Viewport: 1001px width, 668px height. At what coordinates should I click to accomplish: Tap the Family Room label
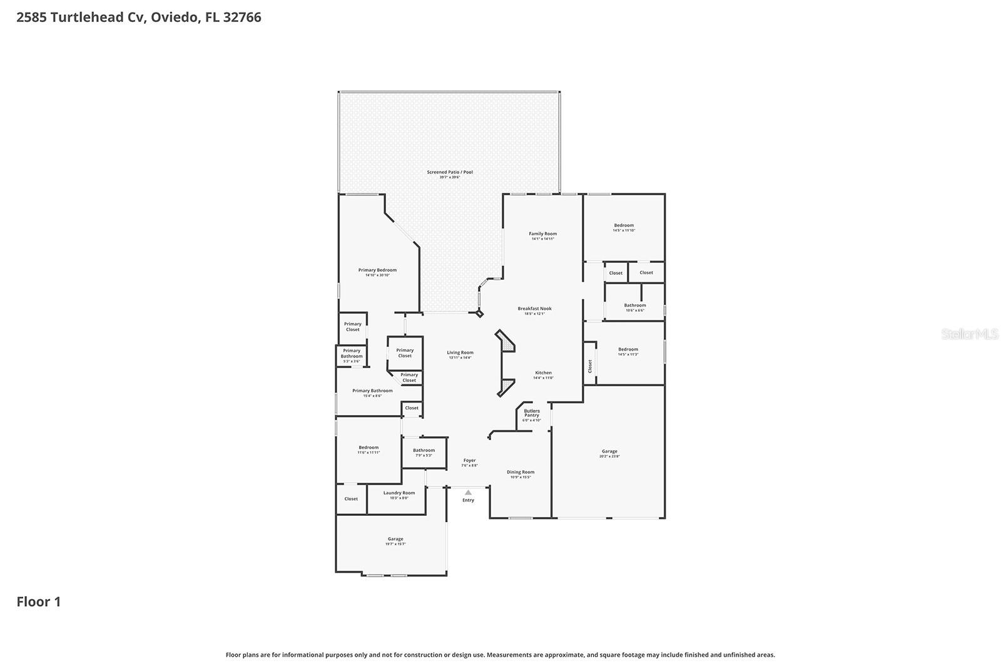542,235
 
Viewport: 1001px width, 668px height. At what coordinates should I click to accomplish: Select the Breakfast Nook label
534,311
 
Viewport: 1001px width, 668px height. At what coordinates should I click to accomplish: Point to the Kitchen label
543,374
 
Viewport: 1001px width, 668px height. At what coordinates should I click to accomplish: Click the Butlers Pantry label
532,415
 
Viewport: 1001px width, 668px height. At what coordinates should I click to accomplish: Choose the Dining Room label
521,474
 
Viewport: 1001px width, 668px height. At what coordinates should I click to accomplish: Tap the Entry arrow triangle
468,493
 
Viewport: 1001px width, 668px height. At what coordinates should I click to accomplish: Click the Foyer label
469,462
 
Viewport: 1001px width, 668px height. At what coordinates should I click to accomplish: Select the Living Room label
460,354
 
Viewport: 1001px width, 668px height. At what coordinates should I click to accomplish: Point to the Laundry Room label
399,495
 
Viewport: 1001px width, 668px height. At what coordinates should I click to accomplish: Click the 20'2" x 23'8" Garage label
609,453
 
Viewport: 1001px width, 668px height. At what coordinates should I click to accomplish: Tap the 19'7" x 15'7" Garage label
395,541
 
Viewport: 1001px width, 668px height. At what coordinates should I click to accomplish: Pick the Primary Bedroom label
377,272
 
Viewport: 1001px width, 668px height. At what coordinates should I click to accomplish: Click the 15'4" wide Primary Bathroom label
372,393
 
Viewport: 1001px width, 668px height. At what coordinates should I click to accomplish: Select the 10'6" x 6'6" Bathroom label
634,307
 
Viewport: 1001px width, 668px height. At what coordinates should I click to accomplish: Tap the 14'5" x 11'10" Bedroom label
624,227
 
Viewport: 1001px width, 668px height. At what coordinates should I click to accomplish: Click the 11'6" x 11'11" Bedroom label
368,449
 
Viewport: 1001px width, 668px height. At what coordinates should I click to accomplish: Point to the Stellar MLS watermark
969,334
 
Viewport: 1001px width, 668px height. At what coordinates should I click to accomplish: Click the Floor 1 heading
39,602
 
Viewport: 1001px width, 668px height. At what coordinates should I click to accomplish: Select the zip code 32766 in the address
242,18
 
